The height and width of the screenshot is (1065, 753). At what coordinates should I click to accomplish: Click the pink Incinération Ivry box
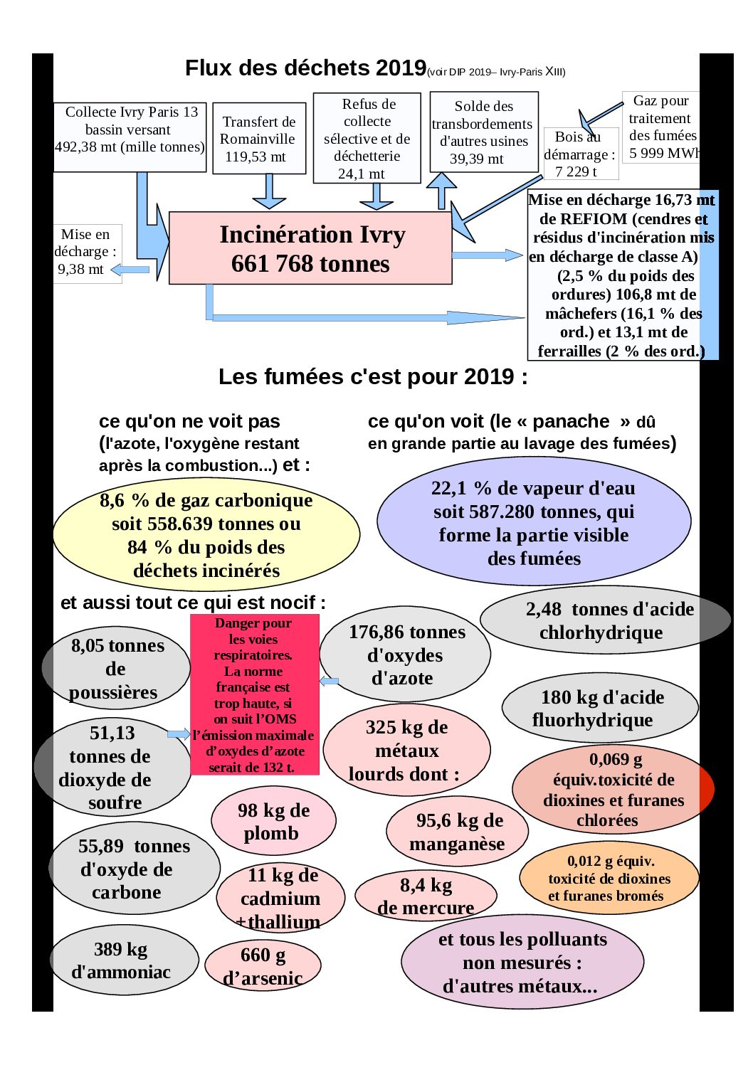coord(310,248)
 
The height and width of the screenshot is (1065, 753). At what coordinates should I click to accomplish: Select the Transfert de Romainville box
coord(259,138)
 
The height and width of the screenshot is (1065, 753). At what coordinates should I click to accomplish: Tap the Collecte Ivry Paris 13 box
coord(130,137)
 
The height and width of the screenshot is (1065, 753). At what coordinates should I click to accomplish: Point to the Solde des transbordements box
coord(484,132)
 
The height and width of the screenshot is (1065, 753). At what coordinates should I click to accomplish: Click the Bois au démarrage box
coord(581,154)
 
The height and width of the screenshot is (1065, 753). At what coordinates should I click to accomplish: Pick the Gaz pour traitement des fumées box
coord(661,127)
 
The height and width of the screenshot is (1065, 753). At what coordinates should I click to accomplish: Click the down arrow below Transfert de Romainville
coord(269,191)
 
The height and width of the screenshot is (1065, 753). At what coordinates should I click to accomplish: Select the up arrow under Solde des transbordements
coord(441,191)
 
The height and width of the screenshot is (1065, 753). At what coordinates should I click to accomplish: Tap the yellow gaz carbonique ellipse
coord(206,534)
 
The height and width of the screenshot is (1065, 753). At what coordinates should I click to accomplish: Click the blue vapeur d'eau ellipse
coord(534,521)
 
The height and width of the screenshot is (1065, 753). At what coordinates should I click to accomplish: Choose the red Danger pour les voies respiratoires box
coord(255,694)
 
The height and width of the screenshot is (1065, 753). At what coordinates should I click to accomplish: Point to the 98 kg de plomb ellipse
coord(273,821)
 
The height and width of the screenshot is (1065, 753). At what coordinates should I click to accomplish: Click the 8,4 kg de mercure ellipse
coord(426,896)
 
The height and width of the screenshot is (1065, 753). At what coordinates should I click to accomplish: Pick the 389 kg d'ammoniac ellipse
coord(124,960)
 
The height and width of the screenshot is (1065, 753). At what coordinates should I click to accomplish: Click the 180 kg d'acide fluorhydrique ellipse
coord(600,708)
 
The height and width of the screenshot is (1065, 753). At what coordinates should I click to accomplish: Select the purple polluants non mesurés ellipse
coord(522,963)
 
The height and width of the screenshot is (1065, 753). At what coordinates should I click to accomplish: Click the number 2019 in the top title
coord(401,68)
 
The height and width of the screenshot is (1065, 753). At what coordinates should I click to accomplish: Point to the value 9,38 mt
coord(80,269)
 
